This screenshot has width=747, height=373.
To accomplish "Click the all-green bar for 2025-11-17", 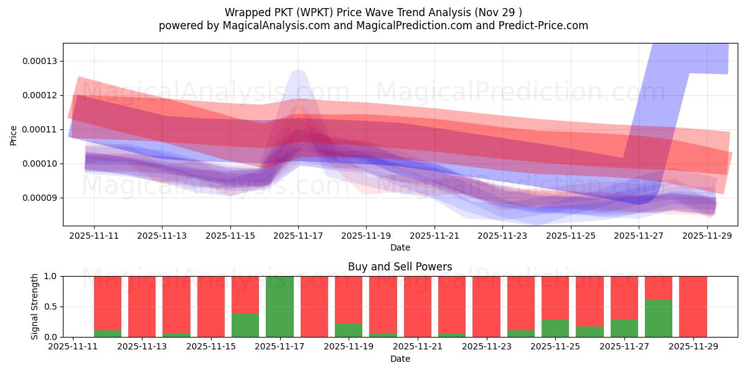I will tap(280, 306).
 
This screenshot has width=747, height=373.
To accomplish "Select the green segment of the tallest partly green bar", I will tap(659, 318).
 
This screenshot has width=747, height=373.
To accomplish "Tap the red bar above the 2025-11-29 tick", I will tap(693, 306).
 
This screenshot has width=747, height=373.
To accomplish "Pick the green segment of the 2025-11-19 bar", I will tap(349, 330).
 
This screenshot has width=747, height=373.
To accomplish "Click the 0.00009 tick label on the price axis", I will tap(39, 198).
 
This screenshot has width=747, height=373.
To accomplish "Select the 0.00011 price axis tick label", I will tap(39, 130).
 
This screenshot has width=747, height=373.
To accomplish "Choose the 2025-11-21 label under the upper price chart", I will tap(434, 236).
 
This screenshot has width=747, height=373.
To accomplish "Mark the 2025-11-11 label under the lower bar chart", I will tap(73, 347).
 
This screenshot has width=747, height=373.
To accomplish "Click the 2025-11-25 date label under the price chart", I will tap(570, 236).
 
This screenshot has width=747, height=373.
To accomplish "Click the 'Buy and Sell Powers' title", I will tap(400, 267).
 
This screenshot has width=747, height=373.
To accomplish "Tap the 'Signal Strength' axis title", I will tap(35, 306).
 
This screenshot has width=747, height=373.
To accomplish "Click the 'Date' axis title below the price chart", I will tap(400, 247).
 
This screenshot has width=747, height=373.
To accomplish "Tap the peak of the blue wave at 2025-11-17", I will tap(298, 71).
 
